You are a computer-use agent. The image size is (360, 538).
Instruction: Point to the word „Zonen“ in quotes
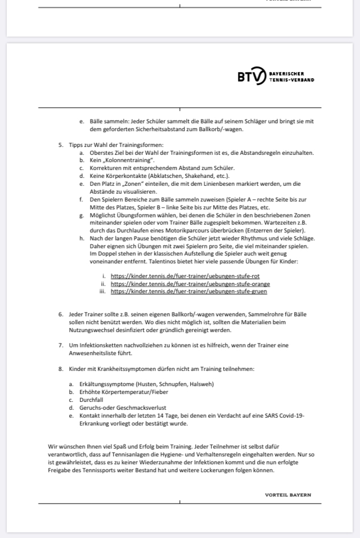pyautogui.click(x=136, y=183)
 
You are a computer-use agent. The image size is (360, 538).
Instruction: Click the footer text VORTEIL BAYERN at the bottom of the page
pyautogui.click(x=288, y=495)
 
